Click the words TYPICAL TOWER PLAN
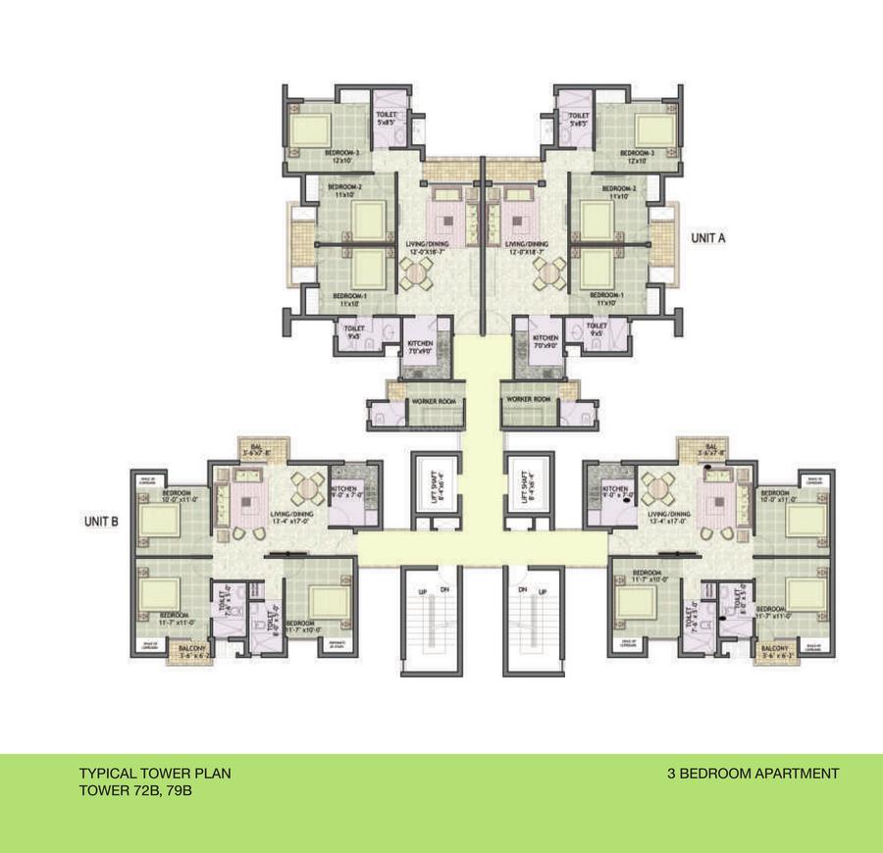coord(155,774)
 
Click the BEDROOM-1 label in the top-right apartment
coord(608,295)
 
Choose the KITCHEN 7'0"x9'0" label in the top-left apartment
coord(420,344)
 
